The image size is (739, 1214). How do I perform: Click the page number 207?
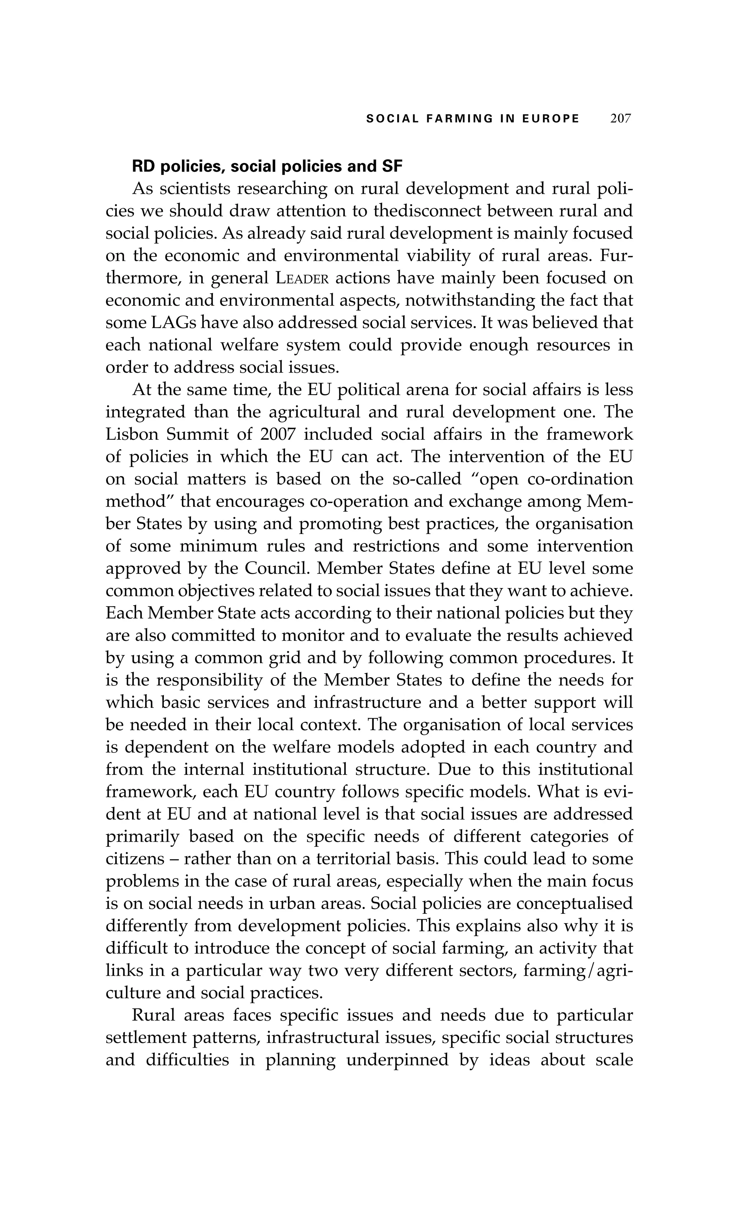click(620, 119)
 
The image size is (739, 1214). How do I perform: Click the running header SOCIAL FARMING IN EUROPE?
click(472, 119)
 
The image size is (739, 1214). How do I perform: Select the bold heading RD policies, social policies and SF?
click(267, 167)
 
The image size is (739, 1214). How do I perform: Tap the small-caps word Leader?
click(302, 279)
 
